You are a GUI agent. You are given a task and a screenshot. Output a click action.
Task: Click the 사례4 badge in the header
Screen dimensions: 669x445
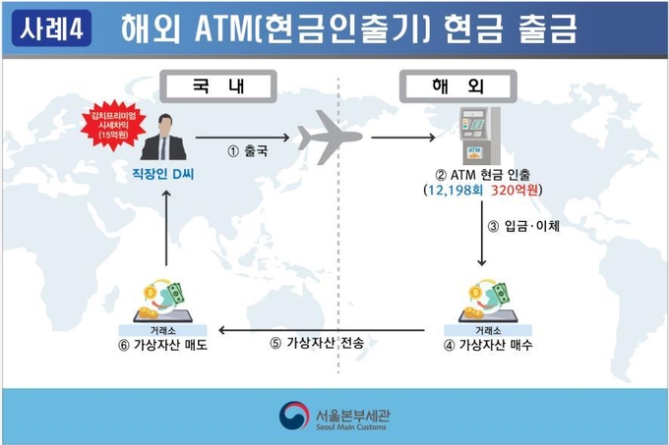(51, 28)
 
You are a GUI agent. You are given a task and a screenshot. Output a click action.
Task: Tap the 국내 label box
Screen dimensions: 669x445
(218, 86)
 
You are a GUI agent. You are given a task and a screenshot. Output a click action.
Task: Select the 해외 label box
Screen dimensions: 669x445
(457, 86)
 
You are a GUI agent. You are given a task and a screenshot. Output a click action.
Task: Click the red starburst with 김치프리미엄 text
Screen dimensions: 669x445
(113, 125)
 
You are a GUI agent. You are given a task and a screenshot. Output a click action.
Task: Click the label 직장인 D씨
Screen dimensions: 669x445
(163, 174)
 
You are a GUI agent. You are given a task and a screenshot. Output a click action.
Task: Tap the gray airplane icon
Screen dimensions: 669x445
(330, 138)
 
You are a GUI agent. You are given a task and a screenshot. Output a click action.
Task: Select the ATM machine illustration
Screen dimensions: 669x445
(479, 136)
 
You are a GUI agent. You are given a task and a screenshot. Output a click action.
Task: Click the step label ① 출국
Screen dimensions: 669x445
(248, 150)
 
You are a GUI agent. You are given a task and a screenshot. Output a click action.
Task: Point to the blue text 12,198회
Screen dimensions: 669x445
(455, 190)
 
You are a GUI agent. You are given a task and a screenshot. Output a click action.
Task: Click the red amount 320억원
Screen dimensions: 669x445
(515, 190)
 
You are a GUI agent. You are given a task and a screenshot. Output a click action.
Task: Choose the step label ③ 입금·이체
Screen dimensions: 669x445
(523, 226)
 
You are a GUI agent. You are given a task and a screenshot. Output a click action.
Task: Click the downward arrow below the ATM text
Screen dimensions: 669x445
(482, 234)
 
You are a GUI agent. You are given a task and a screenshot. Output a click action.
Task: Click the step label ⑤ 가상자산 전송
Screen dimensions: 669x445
(317, 343)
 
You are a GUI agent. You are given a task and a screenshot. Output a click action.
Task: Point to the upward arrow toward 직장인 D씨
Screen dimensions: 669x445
(166, 228)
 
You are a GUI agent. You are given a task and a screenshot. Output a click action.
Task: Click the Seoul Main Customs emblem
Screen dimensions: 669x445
(294, 416)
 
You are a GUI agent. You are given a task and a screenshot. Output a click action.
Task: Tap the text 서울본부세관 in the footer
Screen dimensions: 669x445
(352, 415)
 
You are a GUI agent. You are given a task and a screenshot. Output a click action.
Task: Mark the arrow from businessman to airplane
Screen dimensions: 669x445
(242, 138)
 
